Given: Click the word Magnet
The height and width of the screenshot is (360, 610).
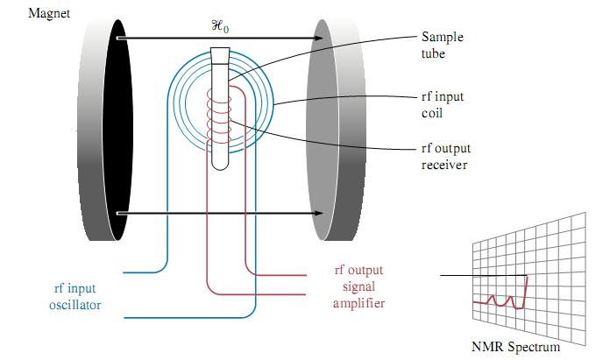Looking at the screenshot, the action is coord(49,14).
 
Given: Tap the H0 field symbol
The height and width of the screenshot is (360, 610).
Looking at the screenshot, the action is coord(220,26).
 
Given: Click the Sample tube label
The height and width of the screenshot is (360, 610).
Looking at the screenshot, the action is coord(443,45).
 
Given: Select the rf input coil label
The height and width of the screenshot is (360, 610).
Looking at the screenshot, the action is coord(443,104).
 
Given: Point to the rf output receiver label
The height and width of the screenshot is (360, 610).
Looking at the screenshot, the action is coord(446,156).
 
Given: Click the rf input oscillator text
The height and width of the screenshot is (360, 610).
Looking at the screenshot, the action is coord(75,296).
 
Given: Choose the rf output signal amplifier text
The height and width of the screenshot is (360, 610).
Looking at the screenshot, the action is coord(358,286).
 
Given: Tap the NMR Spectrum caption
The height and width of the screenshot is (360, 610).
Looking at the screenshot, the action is coord(516,346).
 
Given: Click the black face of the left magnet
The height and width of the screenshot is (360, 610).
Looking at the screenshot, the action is coord(117,130).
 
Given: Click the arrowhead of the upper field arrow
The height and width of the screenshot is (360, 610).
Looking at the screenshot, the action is coord(319,38).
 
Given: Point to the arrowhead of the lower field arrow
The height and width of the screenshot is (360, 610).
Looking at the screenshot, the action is coord(319,213).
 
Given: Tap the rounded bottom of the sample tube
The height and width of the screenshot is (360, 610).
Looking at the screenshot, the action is coord(220,166).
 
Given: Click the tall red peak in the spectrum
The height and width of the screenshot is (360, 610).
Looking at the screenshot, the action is coord(526,292).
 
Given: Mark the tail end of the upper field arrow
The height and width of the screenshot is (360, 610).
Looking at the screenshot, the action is coord(117,38).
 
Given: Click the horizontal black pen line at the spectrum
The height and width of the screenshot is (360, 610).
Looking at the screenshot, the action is coord(484,275).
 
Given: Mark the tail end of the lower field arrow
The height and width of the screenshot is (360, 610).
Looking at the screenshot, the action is coord(117,213).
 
